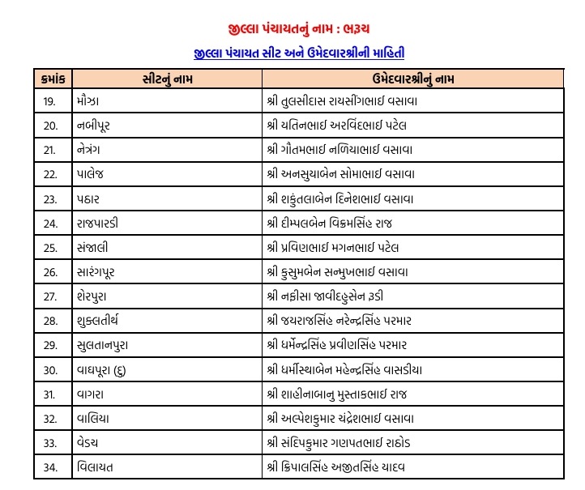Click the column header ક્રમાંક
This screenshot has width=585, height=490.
(x=56, y=79)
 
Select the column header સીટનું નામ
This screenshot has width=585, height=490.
(x=166, y=79)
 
